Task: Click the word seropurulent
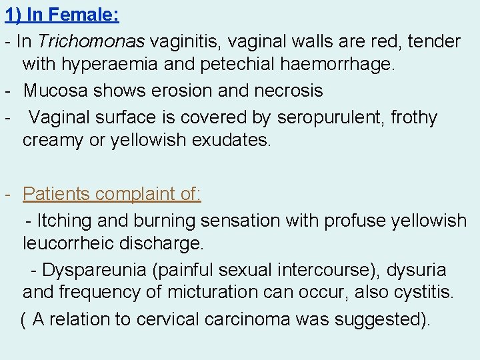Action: click(x=331, y=118)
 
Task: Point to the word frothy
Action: click(x=414, y=118)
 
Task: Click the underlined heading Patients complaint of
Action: click(x=112, y=194)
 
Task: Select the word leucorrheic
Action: click(x=68, y=243)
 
